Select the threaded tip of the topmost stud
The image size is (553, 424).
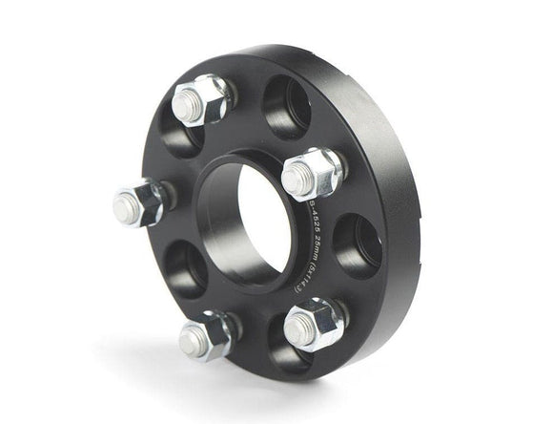(188, 104)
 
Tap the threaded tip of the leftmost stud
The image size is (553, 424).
(125, 207)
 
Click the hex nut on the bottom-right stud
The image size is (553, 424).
(322, 321)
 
